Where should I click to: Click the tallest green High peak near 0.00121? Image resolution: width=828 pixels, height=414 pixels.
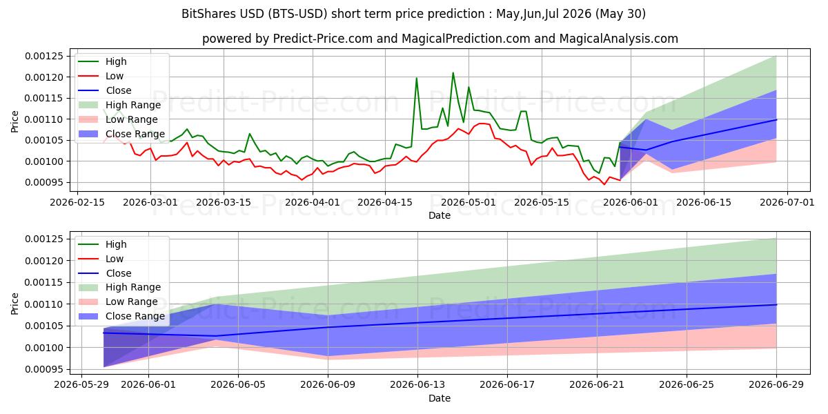tap(453, 73)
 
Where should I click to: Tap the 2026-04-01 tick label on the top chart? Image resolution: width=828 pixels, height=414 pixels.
tap(313, 203)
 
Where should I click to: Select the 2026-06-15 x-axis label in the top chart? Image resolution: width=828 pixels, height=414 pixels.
tap(704, 203)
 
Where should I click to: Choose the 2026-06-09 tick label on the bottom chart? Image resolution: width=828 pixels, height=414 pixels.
tap(328, 385)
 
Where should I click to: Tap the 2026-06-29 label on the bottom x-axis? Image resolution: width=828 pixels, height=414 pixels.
tap(776, 385)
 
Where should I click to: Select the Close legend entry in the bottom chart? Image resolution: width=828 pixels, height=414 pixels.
tap(105, 273)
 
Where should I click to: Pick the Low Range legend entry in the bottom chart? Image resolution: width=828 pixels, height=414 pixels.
tap(118, 302)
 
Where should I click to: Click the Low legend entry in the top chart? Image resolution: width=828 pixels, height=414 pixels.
tap(101, 76)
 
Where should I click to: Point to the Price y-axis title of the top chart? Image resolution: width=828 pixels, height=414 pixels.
tap(14, 121)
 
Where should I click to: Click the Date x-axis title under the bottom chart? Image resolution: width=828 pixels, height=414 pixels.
tap(440, 399)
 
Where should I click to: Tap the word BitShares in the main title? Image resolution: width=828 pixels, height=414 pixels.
tap(209, 14)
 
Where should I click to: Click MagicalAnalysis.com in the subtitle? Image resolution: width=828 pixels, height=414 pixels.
tap(618, 39)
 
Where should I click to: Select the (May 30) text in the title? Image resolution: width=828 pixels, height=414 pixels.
tap(620, 14)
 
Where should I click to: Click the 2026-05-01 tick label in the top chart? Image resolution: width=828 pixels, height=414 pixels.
tap(469, 203)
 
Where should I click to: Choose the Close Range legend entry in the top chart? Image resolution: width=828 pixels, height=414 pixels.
tap(121, 134)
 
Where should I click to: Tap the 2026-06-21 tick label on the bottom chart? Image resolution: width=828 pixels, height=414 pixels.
tap(597, 385)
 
